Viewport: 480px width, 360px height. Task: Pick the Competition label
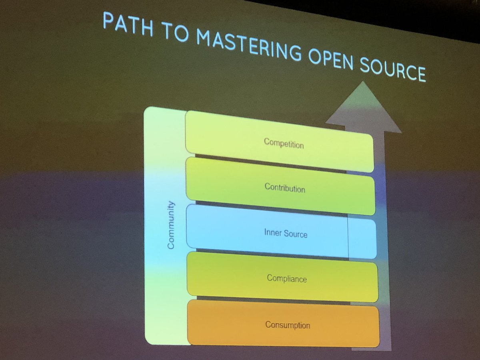pos(284,143)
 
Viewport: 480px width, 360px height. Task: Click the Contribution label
pos(285,188)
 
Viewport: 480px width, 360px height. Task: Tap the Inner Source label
pos(286,233)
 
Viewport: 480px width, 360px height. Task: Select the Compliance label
pos(287,278)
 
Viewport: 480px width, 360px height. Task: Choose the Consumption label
pos(288,325)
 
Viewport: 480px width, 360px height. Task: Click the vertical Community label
pos(171,226)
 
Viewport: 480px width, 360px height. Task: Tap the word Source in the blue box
pos(296,234)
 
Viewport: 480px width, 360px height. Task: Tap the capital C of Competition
pos(266,141)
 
